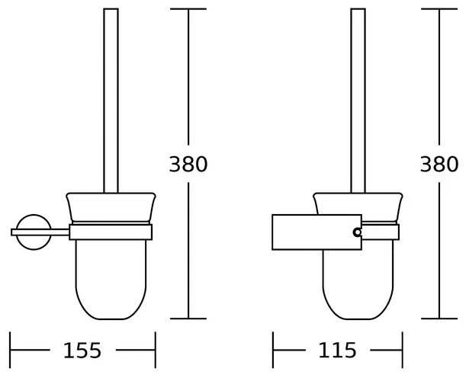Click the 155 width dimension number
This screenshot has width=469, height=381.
(x=82, y=351)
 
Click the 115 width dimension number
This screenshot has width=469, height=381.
(x=337, y=351)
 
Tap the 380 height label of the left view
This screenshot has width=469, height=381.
(x=188, y=164)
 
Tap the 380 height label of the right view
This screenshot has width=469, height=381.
(x=439, y=164)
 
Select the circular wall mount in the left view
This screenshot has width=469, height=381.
(x=34, y=215)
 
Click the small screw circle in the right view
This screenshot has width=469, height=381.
(x=358, y=232)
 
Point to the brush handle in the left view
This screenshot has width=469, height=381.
(x=111, y=101)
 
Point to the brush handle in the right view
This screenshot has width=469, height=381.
(x=358, y=101)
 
